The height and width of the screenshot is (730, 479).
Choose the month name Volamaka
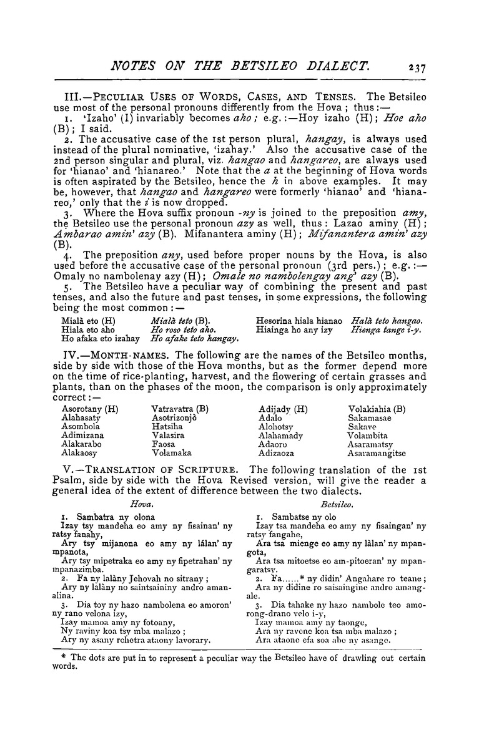(171, 453)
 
